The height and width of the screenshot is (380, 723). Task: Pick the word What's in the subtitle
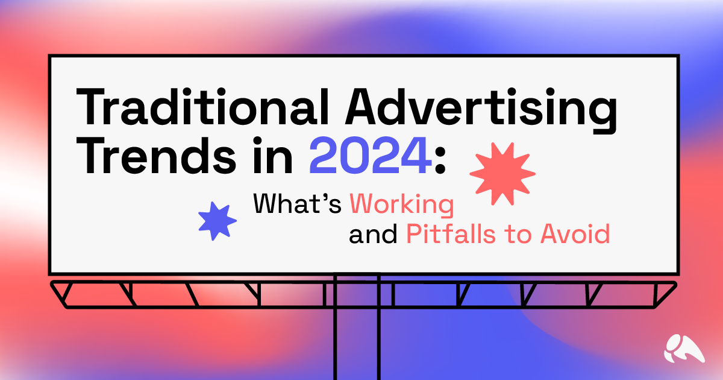tap(299, 205)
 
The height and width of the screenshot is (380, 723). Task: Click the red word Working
tap(401, 206)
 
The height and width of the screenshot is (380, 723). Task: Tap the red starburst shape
tap(502, 173)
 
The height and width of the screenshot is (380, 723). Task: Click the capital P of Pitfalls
tap(413, 234)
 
